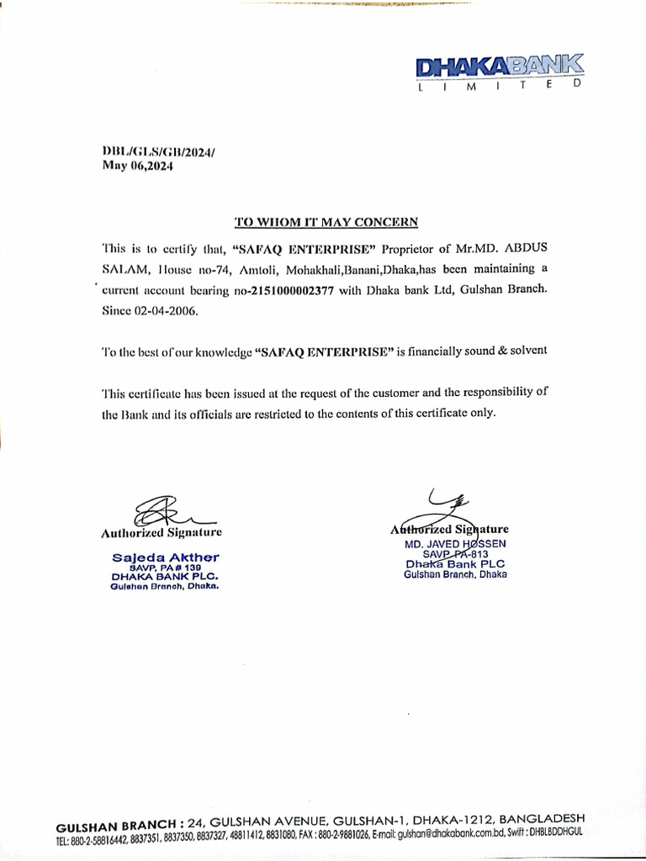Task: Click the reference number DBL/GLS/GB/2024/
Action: click(158, 151)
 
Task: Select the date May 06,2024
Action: click(137, 166)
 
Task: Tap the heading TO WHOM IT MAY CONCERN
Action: click(326, 222)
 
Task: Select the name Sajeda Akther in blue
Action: click(166, 557)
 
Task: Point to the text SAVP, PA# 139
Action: click(165, 568)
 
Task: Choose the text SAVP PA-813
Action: click(454, 554)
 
